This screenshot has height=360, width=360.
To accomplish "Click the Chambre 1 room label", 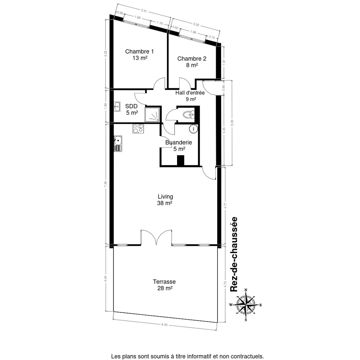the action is coord(139,55).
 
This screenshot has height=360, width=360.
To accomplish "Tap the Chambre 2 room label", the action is coord(192,62).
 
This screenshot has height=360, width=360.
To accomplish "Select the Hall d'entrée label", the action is coord(190,96).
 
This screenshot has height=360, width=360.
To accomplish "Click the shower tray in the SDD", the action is coord(153,115).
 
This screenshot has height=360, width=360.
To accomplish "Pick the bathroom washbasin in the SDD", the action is coord(117,107).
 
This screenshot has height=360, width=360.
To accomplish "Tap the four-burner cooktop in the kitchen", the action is coord(138,129).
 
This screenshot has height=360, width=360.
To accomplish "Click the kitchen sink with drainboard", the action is coord(118,144).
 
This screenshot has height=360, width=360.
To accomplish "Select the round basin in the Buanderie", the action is coord(193,128).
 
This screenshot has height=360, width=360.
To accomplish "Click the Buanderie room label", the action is coord(179,146).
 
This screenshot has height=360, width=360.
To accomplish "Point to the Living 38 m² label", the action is coord(165,200).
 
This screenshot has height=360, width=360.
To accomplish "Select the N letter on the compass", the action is coord(246,290).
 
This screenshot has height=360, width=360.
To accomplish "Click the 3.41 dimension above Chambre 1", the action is coord(144,11).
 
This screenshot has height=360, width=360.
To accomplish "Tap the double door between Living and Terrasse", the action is coord(156,237).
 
